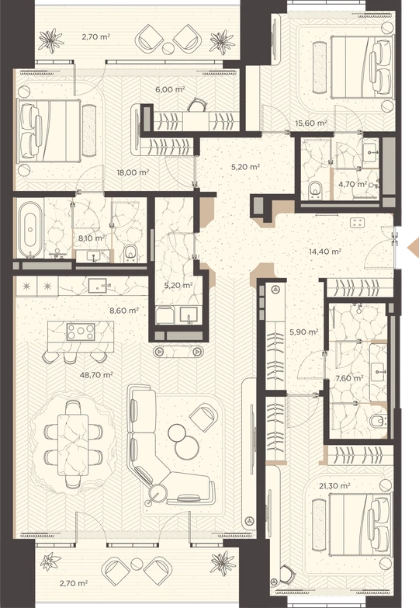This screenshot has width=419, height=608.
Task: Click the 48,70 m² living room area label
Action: (x=96, y=375)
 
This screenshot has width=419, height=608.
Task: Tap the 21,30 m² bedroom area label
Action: (x=334, y=485)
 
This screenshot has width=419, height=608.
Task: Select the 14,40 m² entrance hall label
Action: (x=325, y=252)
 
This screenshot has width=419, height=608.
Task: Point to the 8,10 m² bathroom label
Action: (x=92, y=238)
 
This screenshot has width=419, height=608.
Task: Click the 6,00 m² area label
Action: (x=170, y=89)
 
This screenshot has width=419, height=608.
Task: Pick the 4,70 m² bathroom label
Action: (x=353, y=184)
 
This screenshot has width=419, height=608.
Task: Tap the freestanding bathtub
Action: (x=30, y=230)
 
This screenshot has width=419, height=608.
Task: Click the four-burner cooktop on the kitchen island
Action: (x=81, y=332)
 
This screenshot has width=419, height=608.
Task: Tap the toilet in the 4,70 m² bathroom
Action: (x=315, y=189)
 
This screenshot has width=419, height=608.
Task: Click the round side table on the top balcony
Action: (x=168, y=49)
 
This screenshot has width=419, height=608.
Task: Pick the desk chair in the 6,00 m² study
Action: (x=198, y=104)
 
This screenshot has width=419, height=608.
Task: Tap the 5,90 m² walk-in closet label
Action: (x=304, y=332)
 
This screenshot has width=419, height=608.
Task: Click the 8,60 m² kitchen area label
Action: (x=124, y=311)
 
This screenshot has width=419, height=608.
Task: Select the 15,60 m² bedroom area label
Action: (x=311, y=123)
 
